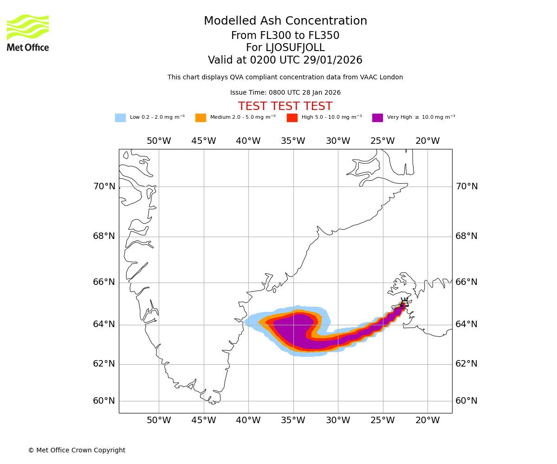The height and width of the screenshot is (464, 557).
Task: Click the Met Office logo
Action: pyautogui.click(x=28, y=32)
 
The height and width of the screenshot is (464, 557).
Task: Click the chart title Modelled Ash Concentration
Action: pyautogui.click(x=285, y=21)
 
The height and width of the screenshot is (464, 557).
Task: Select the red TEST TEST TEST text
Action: pyautogui.click(x=285, y=107)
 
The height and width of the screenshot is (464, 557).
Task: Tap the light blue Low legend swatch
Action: pyautogui.click(x=120, y=118)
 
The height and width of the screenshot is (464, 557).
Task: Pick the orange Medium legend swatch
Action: pyautogui.click(x=201, y=118)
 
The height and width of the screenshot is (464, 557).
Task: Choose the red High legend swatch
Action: pyautogui.click(x=292, y=118)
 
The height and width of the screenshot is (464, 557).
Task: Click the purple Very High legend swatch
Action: pyautogui.click(x=377, y=118)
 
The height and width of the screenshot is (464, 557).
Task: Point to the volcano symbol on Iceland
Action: pyautogui.click(x=404, y=303)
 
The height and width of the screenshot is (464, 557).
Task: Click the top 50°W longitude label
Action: pyautogui.click(x=159, y=141)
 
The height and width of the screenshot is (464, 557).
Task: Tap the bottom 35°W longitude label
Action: pyautogui.click(x=293, y=420)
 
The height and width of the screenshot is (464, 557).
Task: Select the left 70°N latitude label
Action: pyautogui.click(x=104, y=187)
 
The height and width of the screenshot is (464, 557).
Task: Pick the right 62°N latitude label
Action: pyautogui.click(x=466, y=364)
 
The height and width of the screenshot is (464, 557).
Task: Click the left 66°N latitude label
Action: pyautogui.click(x=104, y=282)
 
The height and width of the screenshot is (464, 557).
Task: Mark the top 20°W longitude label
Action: pyautogui.click(x=427, y=141)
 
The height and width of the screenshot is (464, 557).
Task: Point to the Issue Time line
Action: pyautogui.click(x=285, y=93)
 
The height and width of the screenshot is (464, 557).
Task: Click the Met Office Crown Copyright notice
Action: pyautogui.click(x=77, y=451)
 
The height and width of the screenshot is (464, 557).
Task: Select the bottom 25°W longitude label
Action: pyautogui.click(x=382, y=420)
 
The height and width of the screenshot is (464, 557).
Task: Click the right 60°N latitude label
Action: pyautogui.click(x=466, y=401)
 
